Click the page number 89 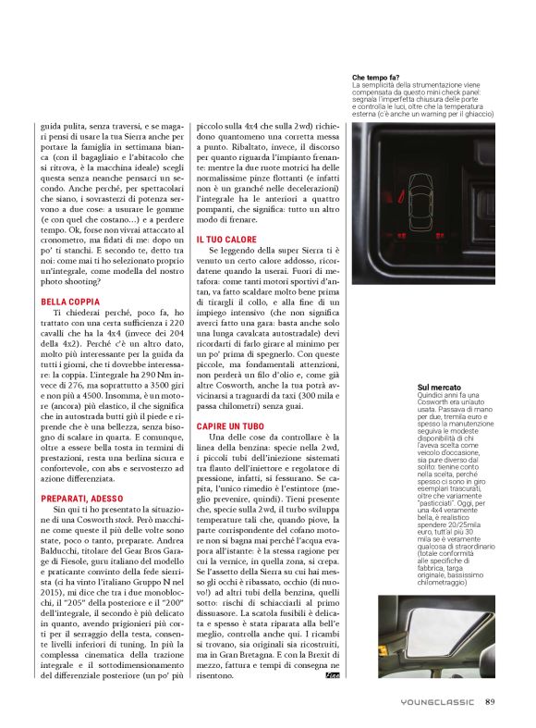[x=491, y=701]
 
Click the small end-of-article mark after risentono [x=332, y=676]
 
